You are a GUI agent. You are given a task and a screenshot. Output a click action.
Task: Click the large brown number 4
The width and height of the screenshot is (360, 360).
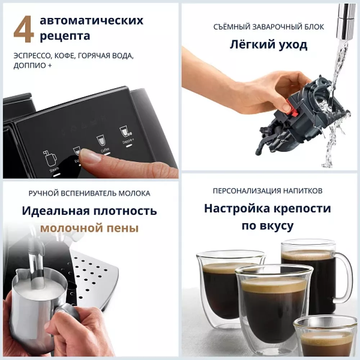click(x=24, y=30)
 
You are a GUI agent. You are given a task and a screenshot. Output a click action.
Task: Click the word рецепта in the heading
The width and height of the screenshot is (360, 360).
click(x=65, y=36)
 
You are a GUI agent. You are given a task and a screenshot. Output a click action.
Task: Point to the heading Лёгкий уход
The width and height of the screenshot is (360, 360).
click(x=269, y=45)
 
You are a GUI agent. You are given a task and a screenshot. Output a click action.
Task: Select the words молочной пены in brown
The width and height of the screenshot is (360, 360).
click(x=89, y=228)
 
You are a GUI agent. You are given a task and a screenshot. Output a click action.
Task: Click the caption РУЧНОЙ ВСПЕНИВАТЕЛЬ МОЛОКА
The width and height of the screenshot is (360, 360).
click(x=89, y=193)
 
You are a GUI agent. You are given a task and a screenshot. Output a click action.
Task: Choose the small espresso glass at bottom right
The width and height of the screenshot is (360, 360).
click(x=325, y=337)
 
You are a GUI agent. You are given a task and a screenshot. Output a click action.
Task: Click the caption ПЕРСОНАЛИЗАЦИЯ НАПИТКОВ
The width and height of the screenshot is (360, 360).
click(x=267, y=190)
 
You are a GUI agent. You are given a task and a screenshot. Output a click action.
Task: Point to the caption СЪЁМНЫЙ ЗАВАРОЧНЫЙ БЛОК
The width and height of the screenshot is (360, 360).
click(x=269, y=27)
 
